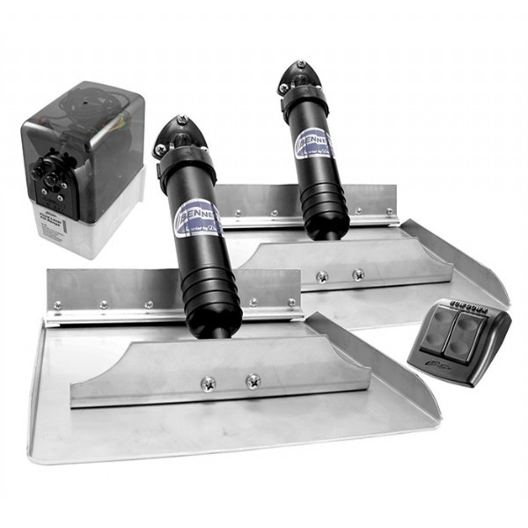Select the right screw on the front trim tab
pos(253,382)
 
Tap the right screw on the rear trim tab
pos(358,275)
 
